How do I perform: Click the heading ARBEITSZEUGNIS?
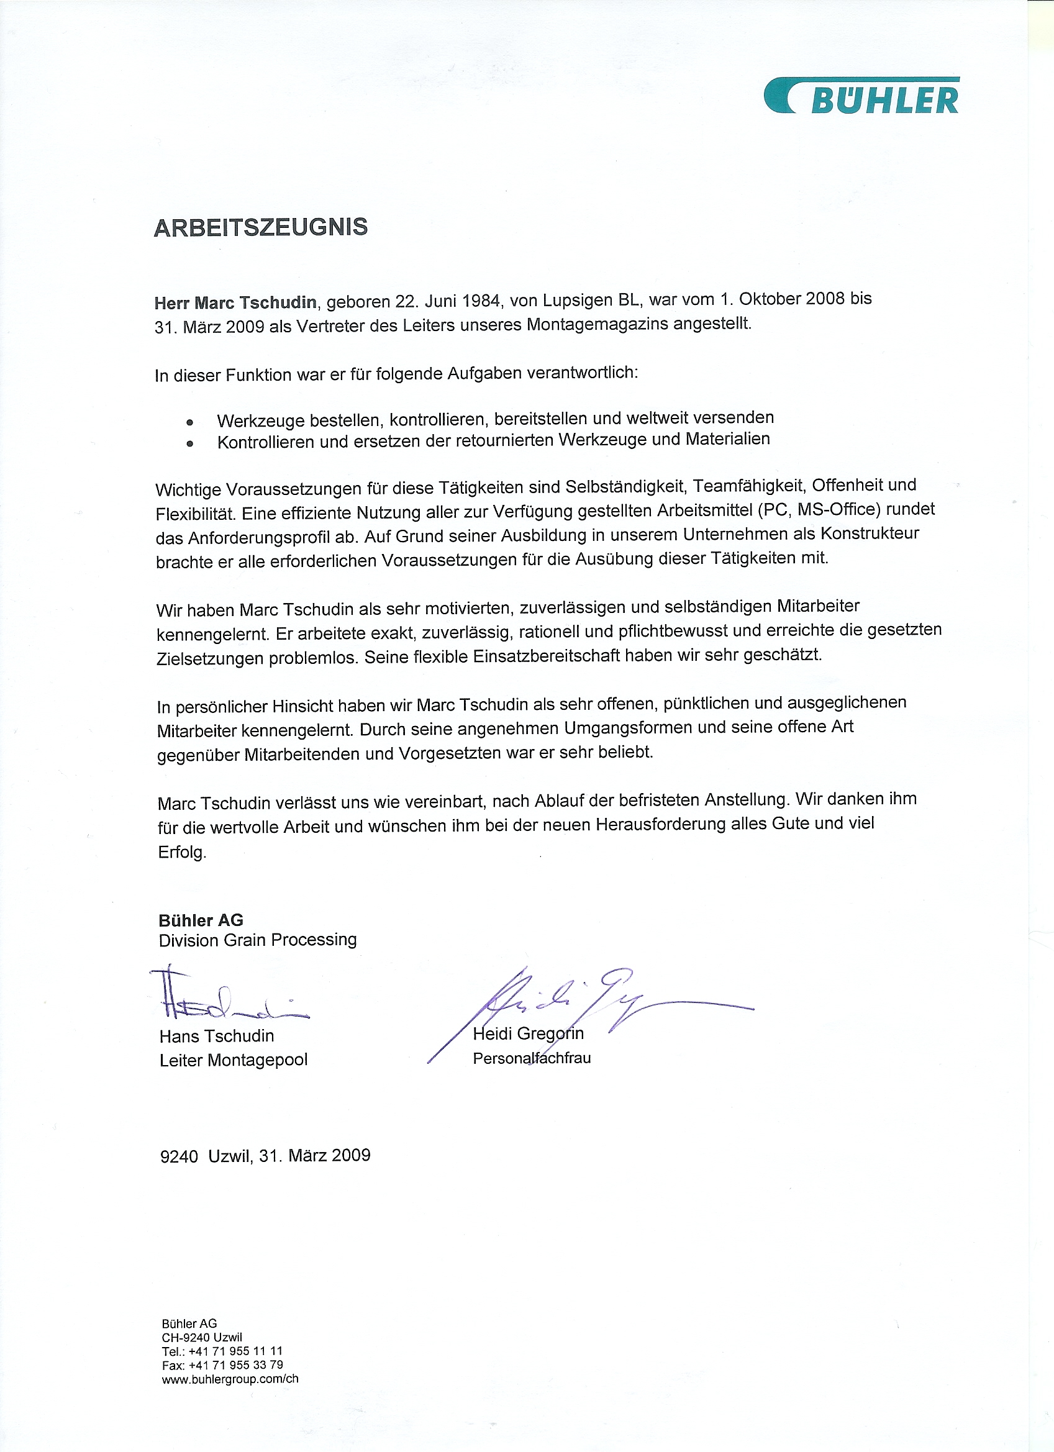pyautogui.click(x=261, y=227)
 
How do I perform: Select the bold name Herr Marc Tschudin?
pyautogui.click(x=235, y=302)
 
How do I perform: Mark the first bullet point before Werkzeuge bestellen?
pyautogui.click(x=189, y=422)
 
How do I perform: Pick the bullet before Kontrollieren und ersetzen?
pyautogui.click(x=189, y=443)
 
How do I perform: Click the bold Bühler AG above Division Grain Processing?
pyautogui.click(x=201, y=920)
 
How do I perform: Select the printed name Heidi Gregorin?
pyautogui.click(x=529, y=1033)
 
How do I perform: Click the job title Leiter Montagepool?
pyautogui.click(x=234, y=1060)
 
